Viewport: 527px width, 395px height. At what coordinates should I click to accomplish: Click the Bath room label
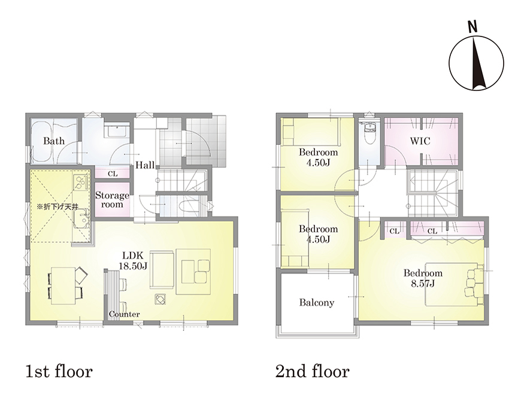tap(54, 141)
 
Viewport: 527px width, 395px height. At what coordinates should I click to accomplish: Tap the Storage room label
tap(112, 199)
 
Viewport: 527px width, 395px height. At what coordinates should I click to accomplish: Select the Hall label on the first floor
tap(145, 165)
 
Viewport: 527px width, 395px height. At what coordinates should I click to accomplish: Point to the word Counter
tap(124, 314)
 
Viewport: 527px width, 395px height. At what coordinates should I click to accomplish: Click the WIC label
tap(420, 141)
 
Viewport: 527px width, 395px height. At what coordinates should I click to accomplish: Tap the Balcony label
tap(317, 303)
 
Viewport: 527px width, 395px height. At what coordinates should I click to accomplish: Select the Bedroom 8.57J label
tap(423, 278)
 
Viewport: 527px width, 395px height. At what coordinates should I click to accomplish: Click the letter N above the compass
tap(473, 26)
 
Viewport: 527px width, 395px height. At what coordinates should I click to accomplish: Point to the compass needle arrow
tap(477, 64)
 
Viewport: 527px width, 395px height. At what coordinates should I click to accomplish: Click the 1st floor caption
tap(59, 372)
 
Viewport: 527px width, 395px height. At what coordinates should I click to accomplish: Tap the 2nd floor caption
tap(312, 372)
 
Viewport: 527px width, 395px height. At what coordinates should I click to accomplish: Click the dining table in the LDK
tap(63, 285)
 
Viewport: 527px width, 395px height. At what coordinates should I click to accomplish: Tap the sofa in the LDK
tap(162, 270)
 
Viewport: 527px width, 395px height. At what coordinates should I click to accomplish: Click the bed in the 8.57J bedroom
tap(452, 284)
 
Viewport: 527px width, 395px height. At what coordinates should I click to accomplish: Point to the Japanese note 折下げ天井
tap(57, 206)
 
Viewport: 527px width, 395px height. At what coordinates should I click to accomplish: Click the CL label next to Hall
tap(113, 174)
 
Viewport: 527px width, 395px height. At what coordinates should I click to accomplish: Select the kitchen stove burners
tap(80, 183)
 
